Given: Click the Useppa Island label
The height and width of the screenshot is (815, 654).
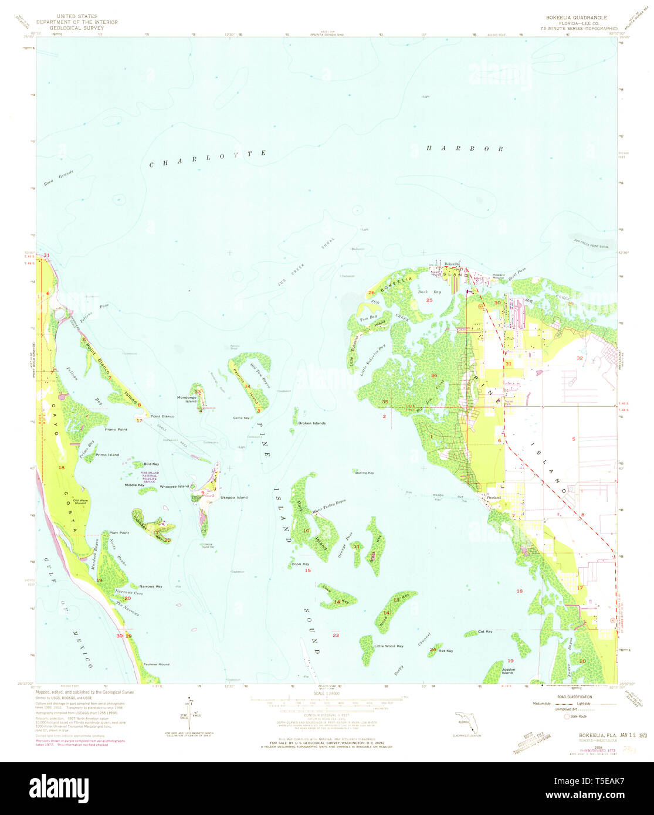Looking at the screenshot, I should point(233,497).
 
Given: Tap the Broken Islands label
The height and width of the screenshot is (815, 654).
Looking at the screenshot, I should point(311,423).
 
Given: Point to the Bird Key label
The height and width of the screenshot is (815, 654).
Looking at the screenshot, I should point(151,464).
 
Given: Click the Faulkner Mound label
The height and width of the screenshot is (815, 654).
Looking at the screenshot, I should point(156,664).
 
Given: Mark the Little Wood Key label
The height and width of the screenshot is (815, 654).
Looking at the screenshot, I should point(388,646).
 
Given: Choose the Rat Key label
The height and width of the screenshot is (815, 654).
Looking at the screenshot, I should point(446,651).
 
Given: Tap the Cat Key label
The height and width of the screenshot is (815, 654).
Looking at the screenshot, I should point(485,631).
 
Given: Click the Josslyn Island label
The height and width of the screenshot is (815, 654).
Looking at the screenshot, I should point(507,670).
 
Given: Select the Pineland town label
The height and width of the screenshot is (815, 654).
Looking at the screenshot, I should point(494,497).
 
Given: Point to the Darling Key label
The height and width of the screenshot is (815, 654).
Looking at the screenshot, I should point(364,473).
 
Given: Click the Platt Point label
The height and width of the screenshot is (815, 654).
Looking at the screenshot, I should point(119,532).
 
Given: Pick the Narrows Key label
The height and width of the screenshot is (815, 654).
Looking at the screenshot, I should point(151,586).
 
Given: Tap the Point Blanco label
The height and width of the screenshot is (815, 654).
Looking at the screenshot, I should point(162,416).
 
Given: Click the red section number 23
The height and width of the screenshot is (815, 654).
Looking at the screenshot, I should point(336,635).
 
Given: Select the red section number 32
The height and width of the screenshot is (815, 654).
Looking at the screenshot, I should point(580,358).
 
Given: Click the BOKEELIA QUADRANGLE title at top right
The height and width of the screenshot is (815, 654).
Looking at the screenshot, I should point(574,18).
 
